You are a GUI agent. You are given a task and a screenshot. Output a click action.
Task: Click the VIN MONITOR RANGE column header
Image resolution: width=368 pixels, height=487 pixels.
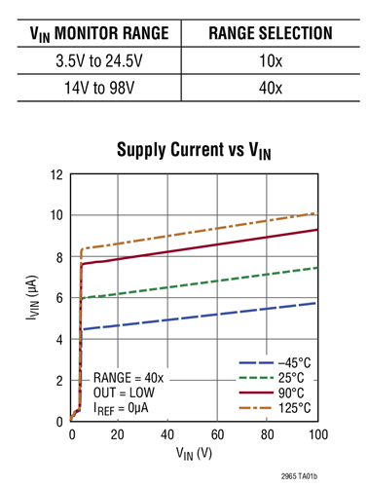click(x=93, y=34)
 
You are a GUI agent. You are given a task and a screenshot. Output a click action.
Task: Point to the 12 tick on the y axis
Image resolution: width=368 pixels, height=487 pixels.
click(x=56, y=175)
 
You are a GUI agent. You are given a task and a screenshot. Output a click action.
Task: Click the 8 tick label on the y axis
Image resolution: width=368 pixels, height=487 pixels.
click(x=59, y=257)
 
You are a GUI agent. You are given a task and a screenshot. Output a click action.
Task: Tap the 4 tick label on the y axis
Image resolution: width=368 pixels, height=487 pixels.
click(x=59, y=340)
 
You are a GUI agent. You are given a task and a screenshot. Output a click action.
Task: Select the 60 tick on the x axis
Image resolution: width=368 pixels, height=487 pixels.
click(x=218, y=433)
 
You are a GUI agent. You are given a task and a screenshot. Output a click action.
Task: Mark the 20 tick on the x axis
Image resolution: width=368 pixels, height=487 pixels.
click(x=119, y=433)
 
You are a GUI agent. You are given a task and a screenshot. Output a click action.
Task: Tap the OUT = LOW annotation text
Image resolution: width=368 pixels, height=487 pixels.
click(x=129, y=392)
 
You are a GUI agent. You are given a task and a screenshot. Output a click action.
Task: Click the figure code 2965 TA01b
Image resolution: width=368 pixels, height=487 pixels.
click(x=314, y=475)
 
